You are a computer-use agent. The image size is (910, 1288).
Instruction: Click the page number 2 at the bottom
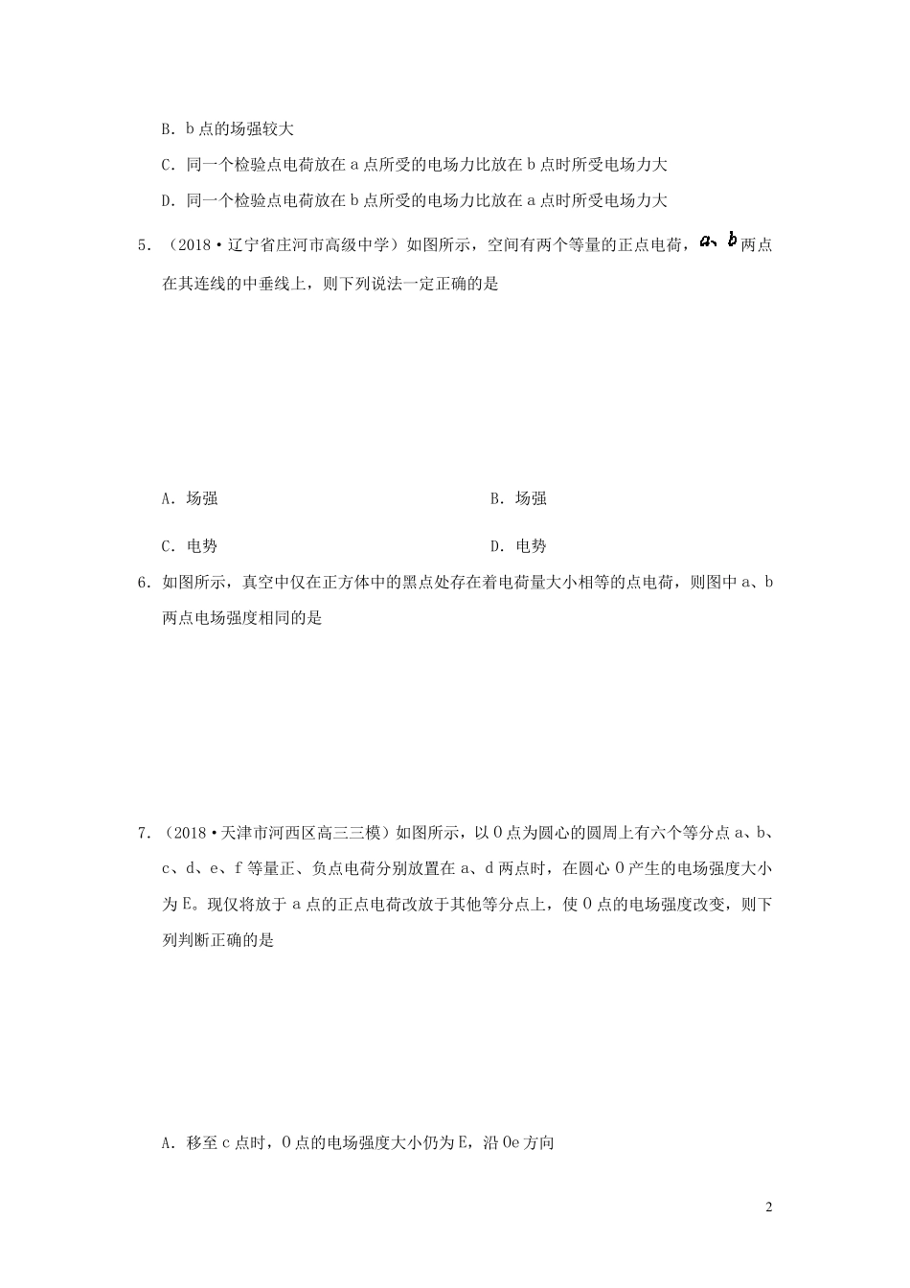(x=768, y=1207)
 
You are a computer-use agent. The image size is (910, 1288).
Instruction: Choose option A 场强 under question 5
(x=191, y=498)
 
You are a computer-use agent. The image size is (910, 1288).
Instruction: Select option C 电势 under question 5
(x=191, y=546)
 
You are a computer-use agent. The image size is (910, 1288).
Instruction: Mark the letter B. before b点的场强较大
(x=167, y=128)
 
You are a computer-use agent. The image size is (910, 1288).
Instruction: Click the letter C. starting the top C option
(x=167, y=165)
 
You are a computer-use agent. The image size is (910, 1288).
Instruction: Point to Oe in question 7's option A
(x=511, y=1142)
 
